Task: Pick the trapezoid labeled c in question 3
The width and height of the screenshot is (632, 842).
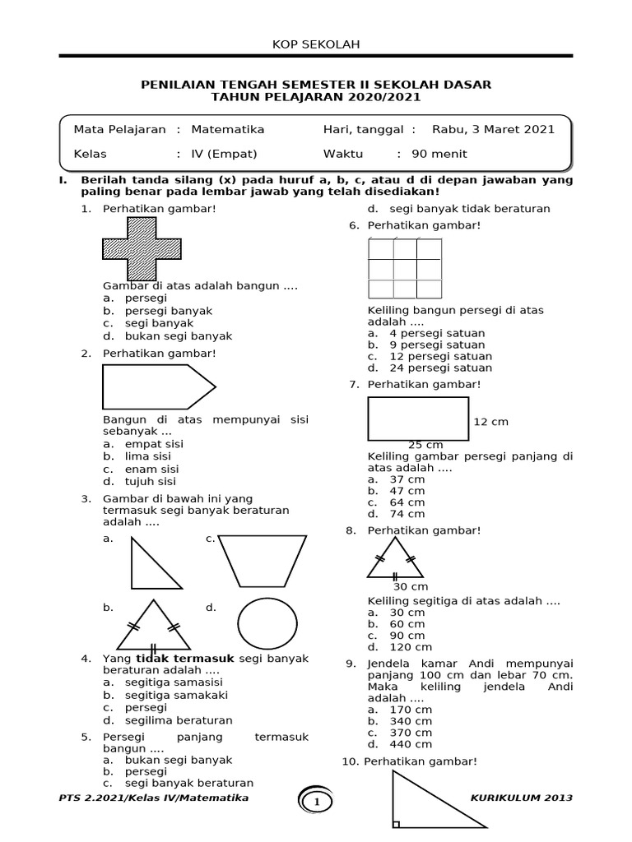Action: click(x=263, y=561)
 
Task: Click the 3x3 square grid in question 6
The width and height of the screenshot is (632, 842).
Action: click(x=405, y=268)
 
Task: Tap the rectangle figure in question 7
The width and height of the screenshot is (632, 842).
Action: click(x=418, y=419)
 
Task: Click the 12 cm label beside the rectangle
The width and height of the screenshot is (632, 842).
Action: click(x=491, y=422)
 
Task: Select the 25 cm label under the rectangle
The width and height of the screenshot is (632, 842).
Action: click(x=425, y=445)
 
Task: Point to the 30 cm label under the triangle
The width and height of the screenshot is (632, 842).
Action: click(x=410, y=586)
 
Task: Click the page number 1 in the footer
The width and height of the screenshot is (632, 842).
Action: click(x=316, y=801)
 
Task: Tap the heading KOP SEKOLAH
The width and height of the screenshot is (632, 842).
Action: click(x=316, y=44)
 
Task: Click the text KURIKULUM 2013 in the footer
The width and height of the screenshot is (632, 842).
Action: click(x=522, y=798)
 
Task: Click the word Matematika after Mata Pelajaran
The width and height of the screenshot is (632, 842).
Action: click(x=228, y=129)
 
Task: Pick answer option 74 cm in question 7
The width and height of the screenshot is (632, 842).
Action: click(x=407, y=514)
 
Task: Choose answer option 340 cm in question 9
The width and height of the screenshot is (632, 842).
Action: click(x=411, y=721)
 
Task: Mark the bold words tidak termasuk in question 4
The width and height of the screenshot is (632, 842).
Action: click(x=186, y=659)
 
